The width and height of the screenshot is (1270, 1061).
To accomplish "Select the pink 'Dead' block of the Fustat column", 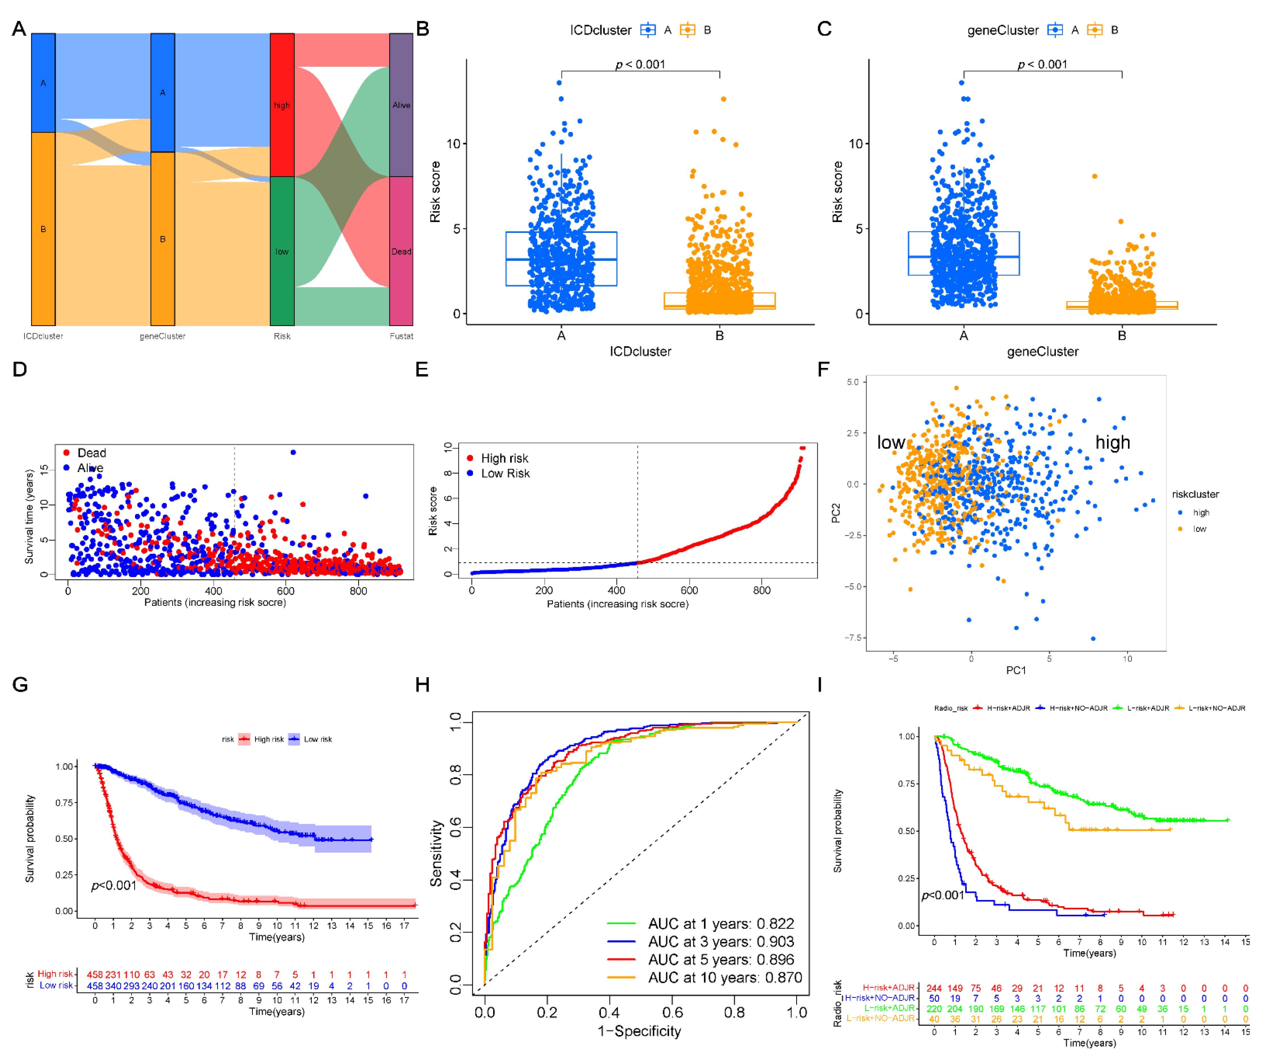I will coord(401,251).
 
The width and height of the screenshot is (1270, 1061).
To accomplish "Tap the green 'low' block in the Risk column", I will coord(282,251).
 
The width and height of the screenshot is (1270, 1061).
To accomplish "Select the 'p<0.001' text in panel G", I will coord(114,886).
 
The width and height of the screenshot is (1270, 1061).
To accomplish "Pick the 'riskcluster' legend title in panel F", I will coord(1195,494).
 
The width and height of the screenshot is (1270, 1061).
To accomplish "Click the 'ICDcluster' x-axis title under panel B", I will coord(640,351).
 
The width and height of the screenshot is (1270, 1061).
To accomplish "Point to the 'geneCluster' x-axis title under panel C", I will coord(1042,351).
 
